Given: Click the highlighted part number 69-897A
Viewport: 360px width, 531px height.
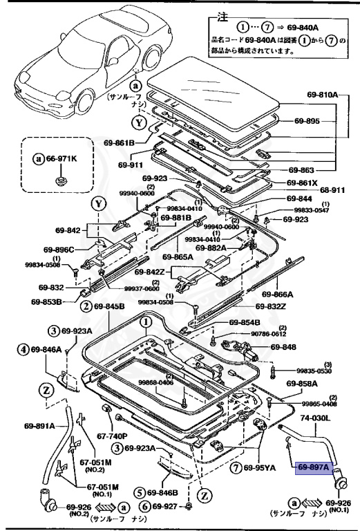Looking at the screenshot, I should coord(313,467).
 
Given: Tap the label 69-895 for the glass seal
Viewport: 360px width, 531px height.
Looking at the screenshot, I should coord(325,121).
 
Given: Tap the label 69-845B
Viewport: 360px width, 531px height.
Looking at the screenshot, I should coord(108,306).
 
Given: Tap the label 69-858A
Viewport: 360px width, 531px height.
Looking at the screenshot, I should coord(301,383).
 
